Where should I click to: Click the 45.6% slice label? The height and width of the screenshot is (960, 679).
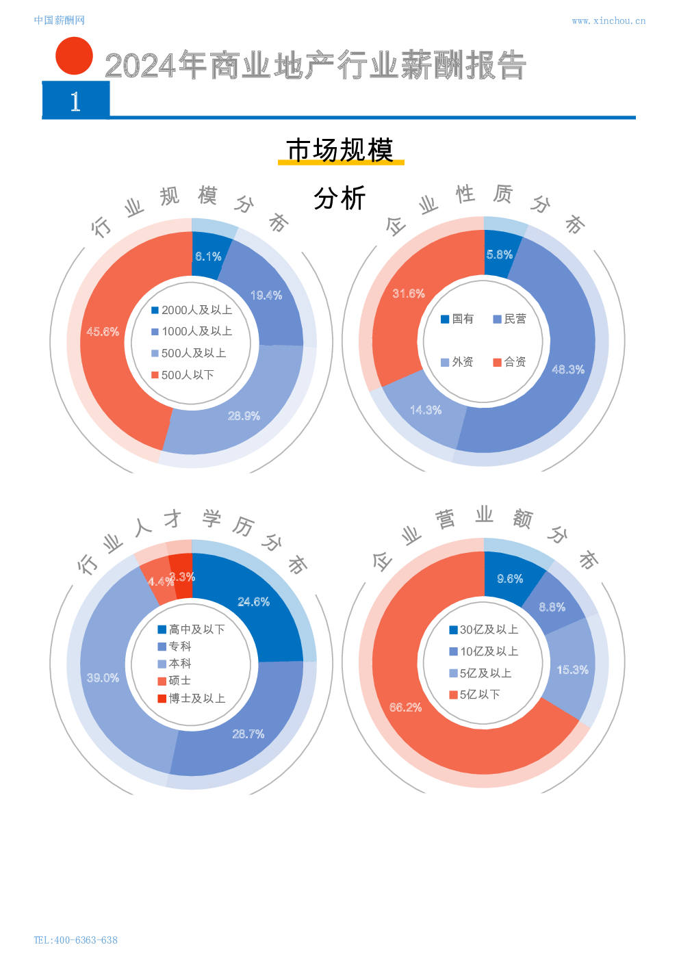pyautogui.click(x=103, y=332)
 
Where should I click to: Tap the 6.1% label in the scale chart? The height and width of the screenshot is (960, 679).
pyautogui.click(x=208, y=257)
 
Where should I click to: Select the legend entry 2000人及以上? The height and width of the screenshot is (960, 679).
pyautogui.click(x=192, y=310)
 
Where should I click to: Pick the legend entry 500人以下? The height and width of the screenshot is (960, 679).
pyautogui.click(x=183, y=375)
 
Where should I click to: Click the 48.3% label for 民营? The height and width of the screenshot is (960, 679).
pyautogui.click(x=568, y=369)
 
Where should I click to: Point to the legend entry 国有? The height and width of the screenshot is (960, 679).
pyautogui.click(x=457, y=319)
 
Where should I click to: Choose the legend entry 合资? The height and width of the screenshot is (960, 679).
pyautogui.click(x=509, y=362)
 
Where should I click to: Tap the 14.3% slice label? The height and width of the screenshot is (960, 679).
pyautogui.click(x=426, y=410)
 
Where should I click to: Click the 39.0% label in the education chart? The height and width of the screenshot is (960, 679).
pyautogui.click(x=103, y=678)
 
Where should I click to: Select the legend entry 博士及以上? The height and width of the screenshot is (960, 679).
pyautogui.click(x=191, y=699)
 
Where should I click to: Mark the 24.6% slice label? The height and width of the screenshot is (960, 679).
pyautogui.click(x=253, y=602)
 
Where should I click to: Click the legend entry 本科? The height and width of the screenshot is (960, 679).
pyautogui.click(x=175, y=664)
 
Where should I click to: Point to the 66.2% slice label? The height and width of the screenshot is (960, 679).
pyautogui.click(x=405, y=708)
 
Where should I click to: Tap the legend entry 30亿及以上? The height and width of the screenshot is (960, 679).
pyautogui.click(x=483, y=630)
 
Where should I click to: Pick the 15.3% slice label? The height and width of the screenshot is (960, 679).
pyautogui.click(x=572, y=670)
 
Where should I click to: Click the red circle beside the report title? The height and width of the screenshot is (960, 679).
pyautogui.click(x=74, y=56)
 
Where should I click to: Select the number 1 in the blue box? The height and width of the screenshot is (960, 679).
pyautogui.click(x=75, y=102)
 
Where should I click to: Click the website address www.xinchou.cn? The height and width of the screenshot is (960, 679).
pyautogui.click(x=608, y=21)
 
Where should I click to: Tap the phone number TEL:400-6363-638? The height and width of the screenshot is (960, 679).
pyautogui.click(x=75, y=940)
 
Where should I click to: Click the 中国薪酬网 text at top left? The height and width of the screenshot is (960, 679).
pyautogui.click(x=59, y=21)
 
